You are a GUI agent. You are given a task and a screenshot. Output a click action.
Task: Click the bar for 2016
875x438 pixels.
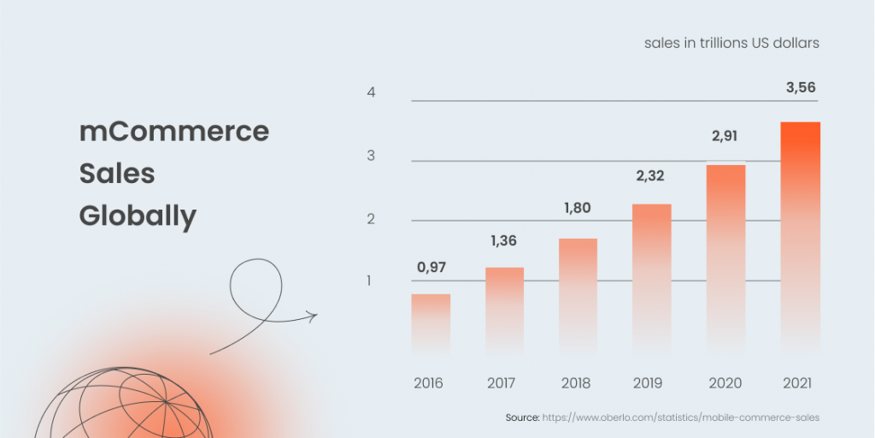click(431, 324)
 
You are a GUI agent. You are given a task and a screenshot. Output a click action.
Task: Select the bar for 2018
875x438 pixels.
click(578, 296)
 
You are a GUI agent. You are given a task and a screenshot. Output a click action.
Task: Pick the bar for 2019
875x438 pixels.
click(652, 279)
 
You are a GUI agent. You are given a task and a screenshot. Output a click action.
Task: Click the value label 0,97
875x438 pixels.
click(432, 267)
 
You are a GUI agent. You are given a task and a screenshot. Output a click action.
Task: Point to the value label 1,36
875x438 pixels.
click(504, 241)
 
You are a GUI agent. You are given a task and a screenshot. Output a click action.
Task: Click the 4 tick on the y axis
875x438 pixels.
click(372, 92)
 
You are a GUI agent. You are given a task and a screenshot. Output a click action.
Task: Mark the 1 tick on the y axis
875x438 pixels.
click(372, 281)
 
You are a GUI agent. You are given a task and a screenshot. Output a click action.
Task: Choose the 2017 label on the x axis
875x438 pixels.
click(503, 382)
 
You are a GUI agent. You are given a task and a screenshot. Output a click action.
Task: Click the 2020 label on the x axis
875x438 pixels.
click(725, 382)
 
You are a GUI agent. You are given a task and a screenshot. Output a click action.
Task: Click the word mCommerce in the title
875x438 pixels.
click(174, 132)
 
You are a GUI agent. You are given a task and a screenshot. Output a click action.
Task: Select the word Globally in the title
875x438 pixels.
click(138, 216)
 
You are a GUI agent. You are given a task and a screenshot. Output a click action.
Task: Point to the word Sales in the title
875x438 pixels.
click(117, 174)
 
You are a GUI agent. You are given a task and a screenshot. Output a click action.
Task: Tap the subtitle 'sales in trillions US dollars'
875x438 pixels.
click(731, 43)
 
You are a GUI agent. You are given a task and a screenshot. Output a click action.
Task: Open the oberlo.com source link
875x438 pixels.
click(681, 417)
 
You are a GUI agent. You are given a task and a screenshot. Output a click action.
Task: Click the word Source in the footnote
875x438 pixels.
click(522, 417)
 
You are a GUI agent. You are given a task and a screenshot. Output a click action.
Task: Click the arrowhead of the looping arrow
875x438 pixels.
click(314, 316)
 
